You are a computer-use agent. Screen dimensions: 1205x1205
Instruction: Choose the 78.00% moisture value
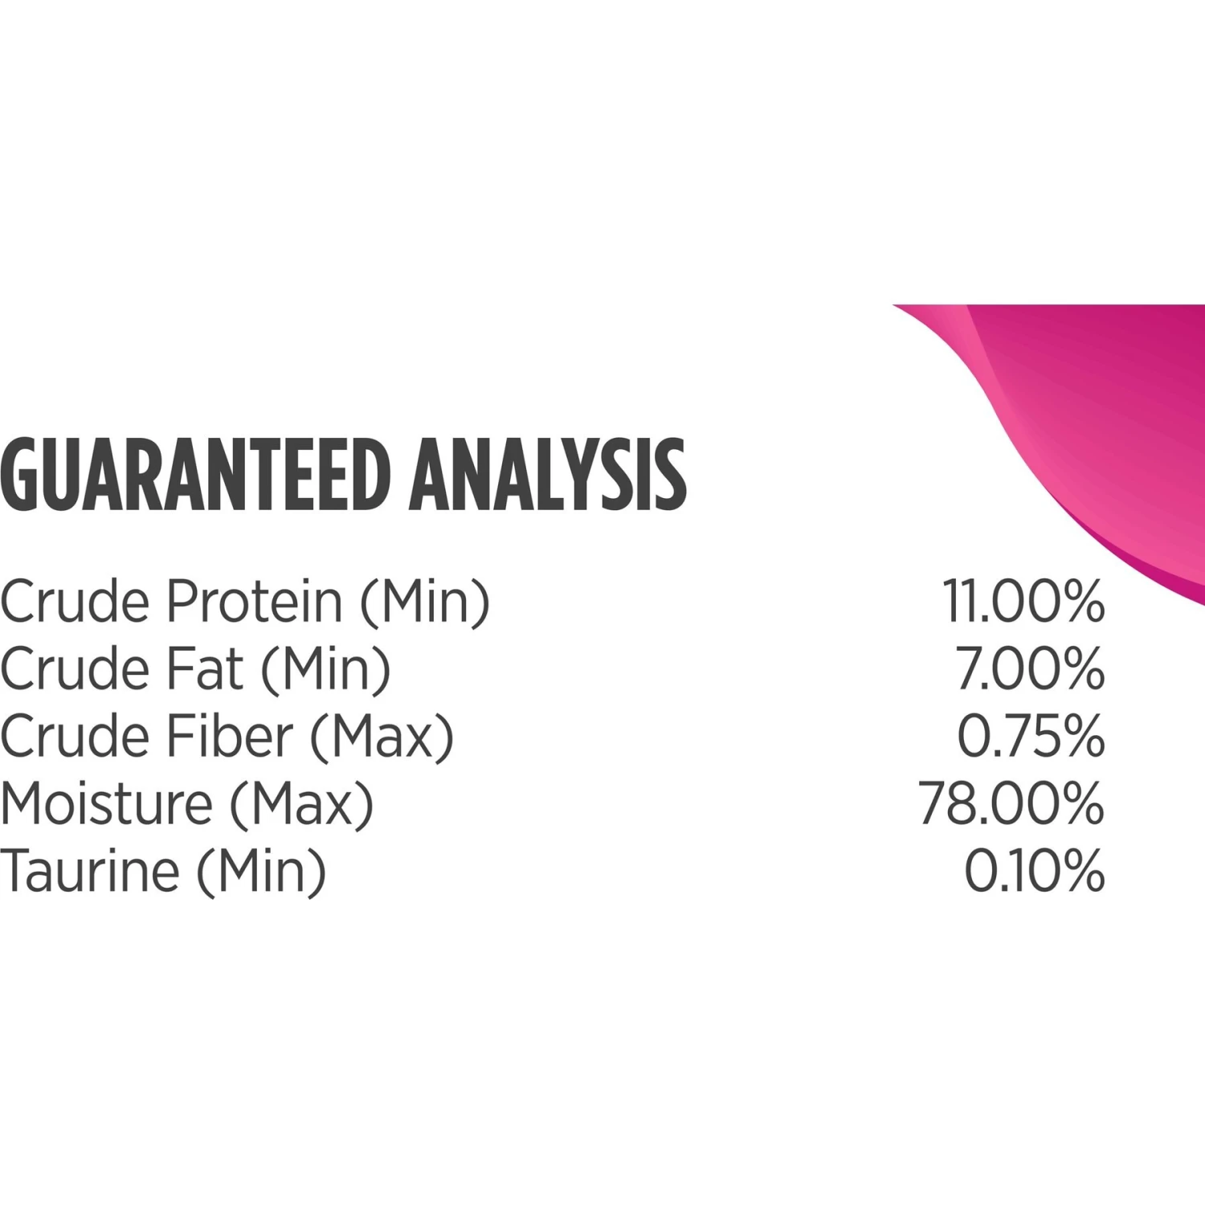(x=1012, y=803)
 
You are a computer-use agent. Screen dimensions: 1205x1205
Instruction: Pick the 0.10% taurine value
(x=1035, y=871)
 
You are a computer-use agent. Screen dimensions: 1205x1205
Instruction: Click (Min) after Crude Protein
(x=424, y=602)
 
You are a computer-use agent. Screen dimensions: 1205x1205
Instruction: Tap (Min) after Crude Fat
(x=325, y=670)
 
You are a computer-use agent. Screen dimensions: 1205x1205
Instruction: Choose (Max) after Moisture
(x=302, y=805)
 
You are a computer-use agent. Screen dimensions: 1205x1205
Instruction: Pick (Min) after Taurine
(x=262, y=872)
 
